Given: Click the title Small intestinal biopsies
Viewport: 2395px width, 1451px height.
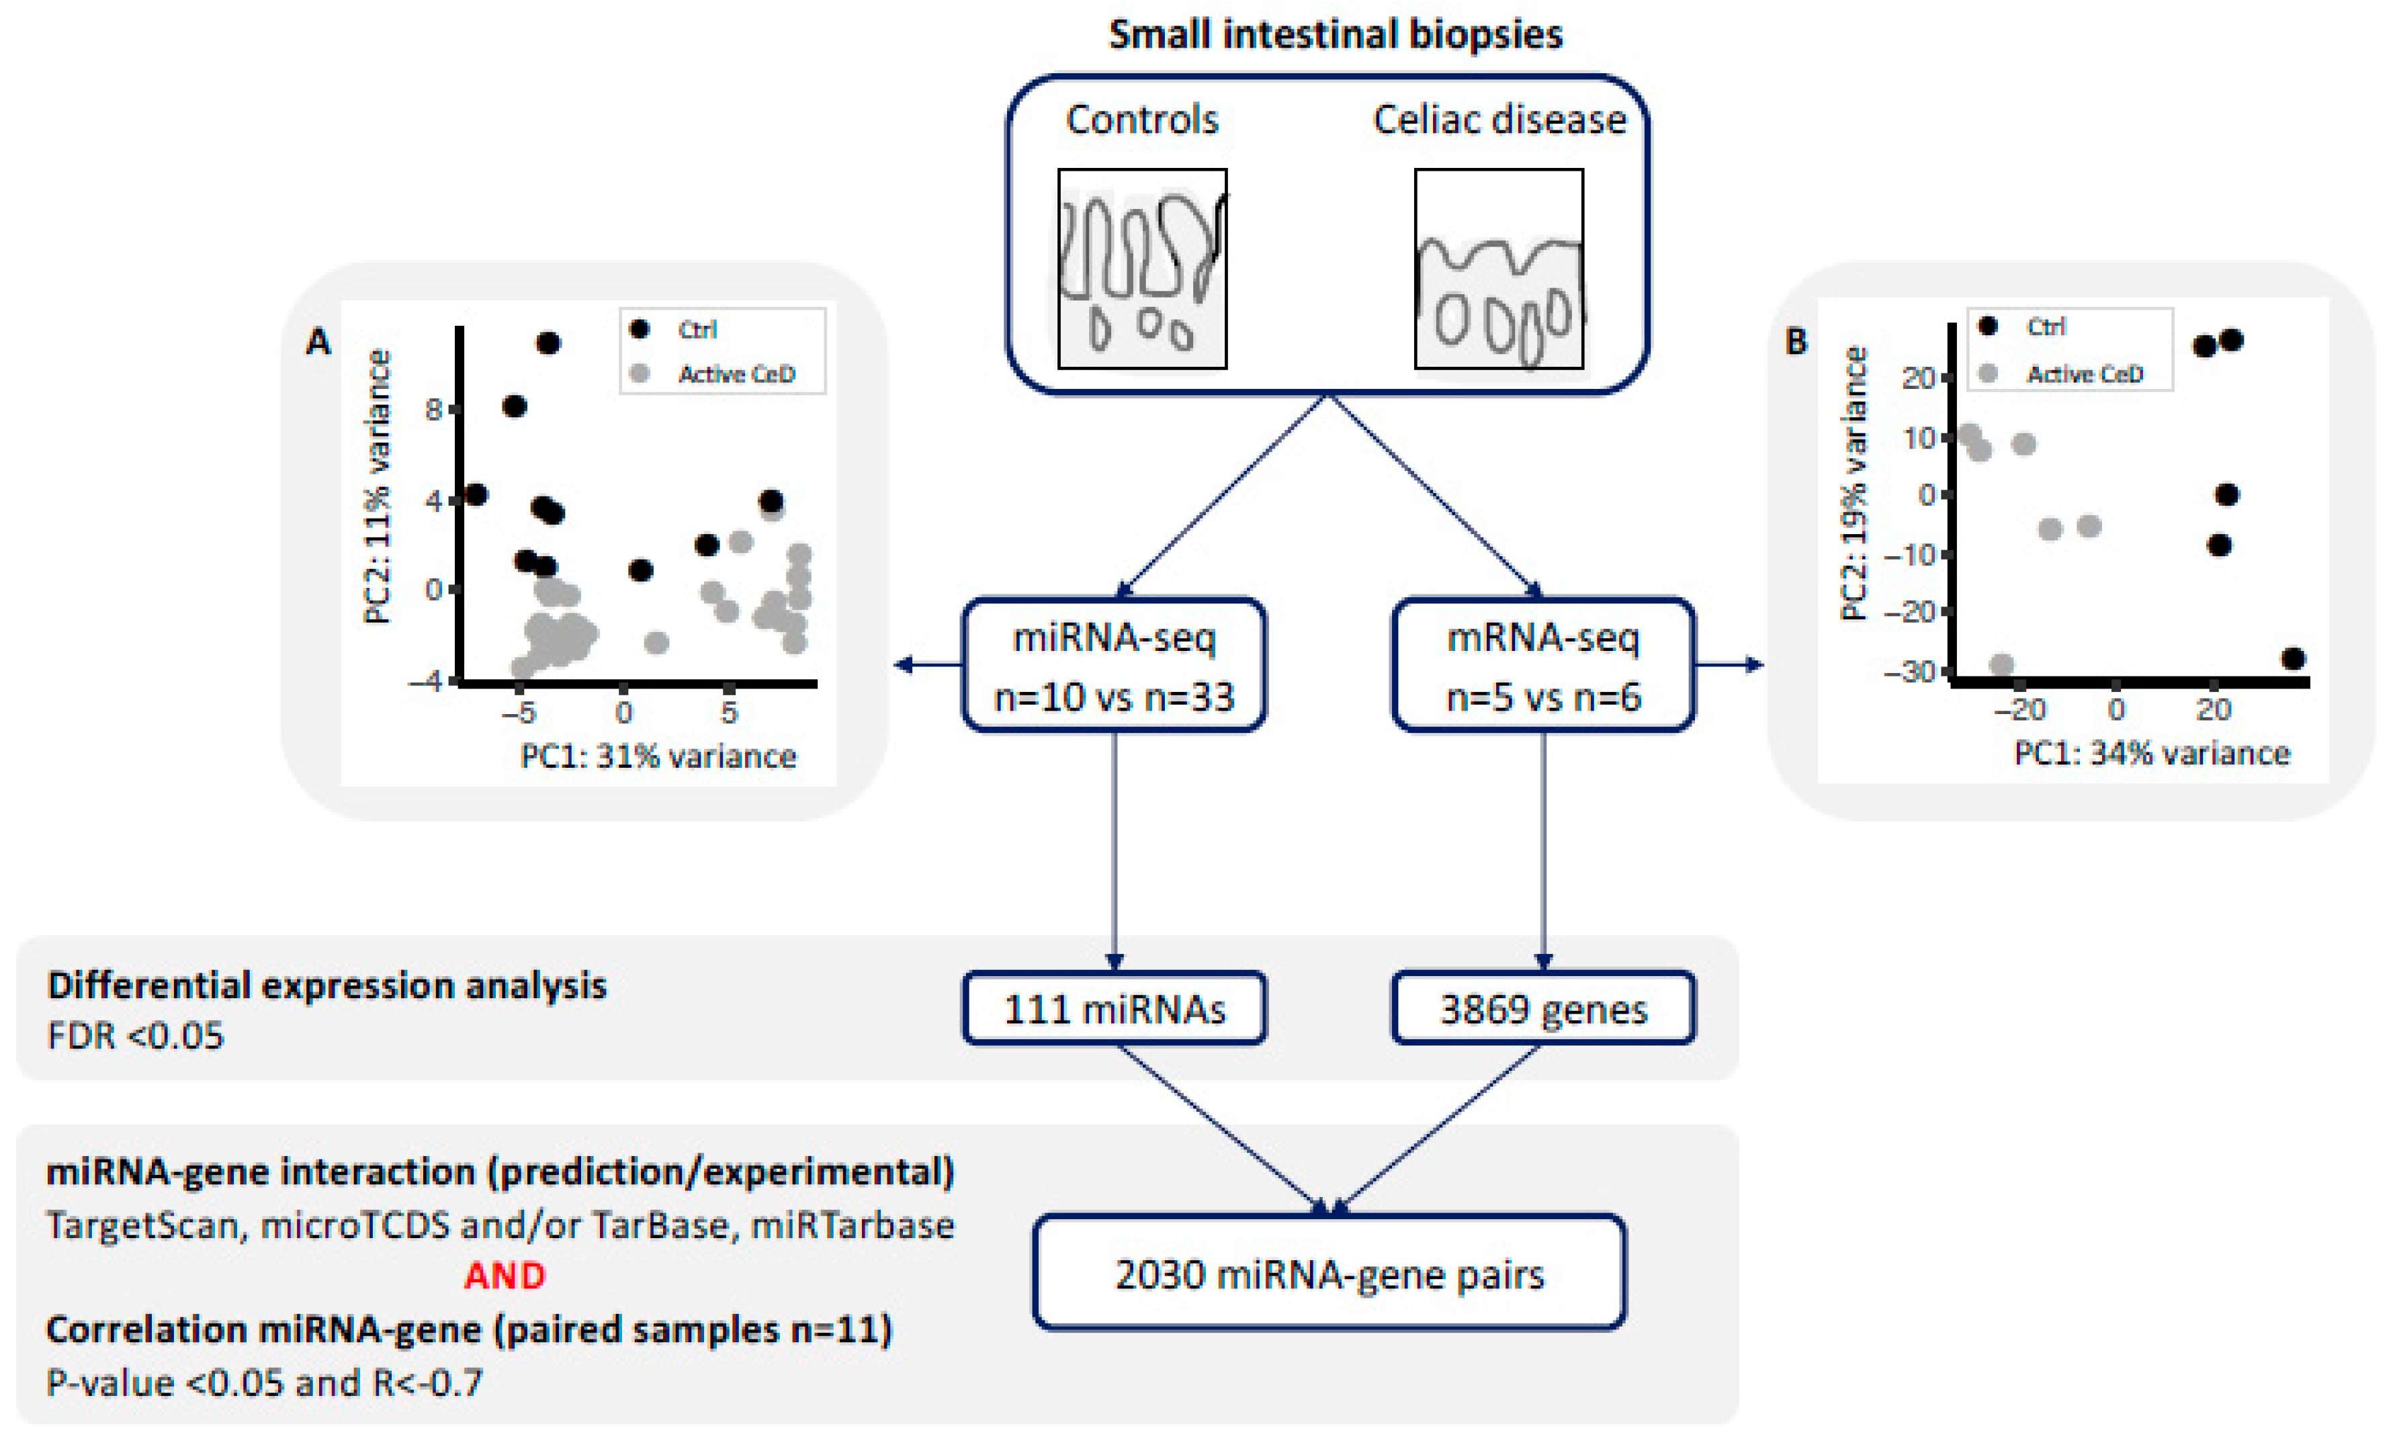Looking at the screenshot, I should (x=1335, y=35).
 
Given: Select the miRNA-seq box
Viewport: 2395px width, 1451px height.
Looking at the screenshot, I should (x=1114, y=666).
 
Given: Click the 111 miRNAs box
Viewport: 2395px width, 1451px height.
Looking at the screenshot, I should (x=1114, y=1009).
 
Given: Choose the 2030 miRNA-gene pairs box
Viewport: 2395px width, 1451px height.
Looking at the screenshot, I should (x=1329, y=1273).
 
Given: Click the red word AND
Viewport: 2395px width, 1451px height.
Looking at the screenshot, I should (x=505, y=1275).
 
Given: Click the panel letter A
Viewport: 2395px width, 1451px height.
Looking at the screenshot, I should (x=318, y=342).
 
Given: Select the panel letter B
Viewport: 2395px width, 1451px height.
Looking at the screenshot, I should (x=1795, y=341).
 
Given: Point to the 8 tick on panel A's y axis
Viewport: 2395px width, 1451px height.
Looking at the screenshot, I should (x=433, y=409).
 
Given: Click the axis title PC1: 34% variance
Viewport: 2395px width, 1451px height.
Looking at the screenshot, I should (x=2151, y=753).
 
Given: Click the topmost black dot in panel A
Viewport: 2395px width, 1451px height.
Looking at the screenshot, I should (x=549, y=343).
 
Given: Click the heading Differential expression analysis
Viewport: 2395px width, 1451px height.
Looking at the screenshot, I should (x=326, y=985).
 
